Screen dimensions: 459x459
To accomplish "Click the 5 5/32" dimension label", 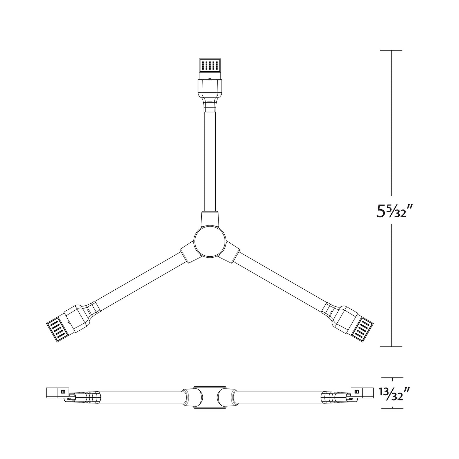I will coord(391,210).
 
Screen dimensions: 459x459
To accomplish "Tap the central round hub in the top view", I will coord(210,241).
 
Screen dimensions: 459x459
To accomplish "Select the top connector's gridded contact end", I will coord(210,65).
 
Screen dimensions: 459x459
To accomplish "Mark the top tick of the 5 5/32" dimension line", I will coord(391,51).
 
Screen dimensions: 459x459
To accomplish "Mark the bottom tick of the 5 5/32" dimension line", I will coord(391,346).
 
